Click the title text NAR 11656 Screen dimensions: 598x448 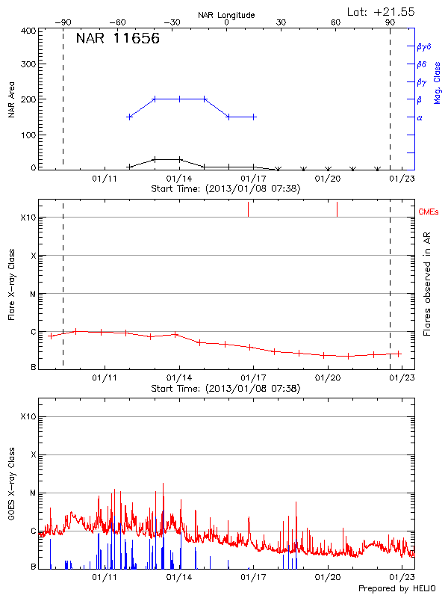(x=117, y=39)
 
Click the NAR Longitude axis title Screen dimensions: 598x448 (x=226, y=15)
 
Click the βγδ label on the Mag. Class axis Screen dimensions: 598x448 (x=424, y=46)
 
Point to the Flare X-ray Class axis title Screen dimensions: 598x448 (x=11, y=285)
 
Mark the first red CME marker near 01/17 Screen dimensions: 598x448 (x=248, y=209)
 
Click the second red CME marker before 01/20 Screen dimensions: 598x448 (x=337, y=209)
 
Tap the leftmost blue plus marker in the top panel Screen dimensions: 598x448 (x=130, y=117)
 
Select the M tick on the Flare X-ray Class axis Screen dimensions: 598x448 (x=32, y=294)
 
